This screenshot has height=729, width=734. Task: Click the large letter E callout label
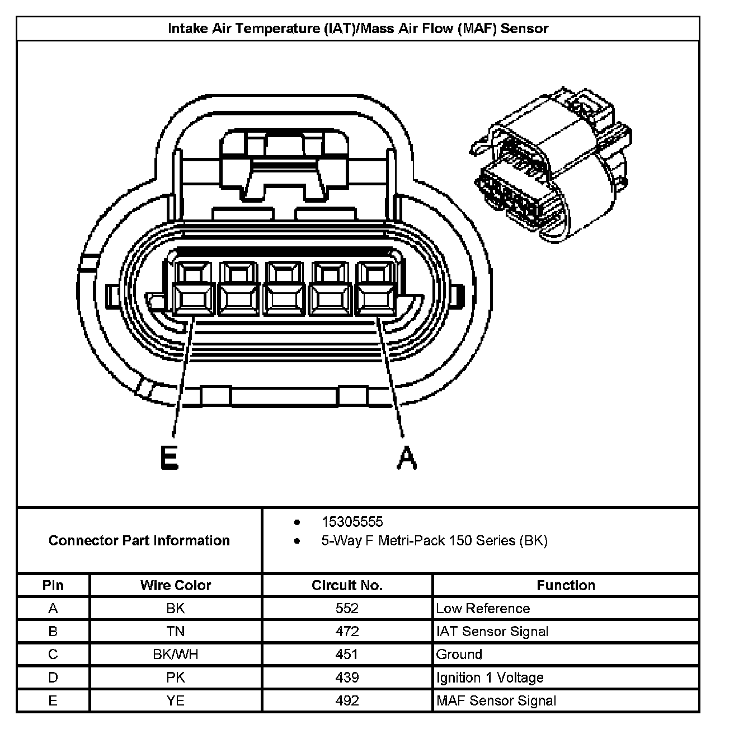pyautogui.click(x=169, y=458)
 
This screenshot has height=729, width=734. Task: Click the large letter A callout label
pyautogui.click(x=407, y=458)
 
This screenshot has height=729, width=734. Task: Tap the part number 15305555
pyautogui.click(x=352, y=522)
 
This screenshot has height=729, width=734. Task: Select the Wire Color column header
pyautogui.click(x=175, y=585)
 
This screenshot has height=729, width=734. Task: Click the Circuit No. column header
pyautogui.click(x=347, y=585)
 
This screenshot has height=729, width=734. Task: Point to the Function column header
pyautogui.click(x=566, y=585)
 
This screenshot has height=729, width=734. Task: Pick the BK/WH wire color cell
pyautogui.click(x=175, y=654)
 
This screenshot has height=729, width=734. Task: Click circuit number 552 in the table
pyautogui.click(x=347, y=608)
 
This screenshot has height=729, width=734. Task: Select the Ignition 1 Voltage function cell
pyautogui.click(x=490, y=677)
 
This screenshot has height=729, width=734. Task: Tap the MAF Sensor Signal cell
pyautogui.click(x=496, y=700)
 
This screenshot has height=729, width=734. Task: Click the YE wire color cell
pyautogui.click(x=175, y=700)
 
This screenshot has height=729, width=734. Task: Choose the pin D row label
pyautogui.click(x=53, y=677)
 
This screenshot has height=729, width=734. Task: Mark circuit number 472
pyautogui.click(x=347, y=631)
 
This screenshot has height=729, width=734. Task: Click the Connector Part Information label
pyautogui.click(x=139, y=540)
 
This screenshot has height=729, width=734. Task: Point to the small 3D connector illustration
pyautogui.click(x=551, y=165)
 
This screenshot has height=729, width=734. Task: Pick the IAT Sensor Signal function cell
pyautogui.click(x=492, y=631)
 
